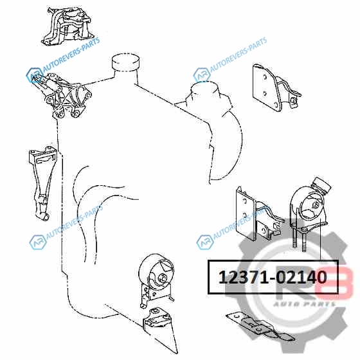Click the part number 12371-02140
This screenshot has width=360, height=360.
(273, 277)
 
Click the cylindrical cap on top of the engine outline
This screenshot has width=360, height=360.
(126, 62)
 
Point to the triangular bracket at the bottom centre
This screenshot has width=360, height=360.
(161, 328)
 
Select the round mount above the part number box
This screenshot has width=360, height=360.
(309, 206)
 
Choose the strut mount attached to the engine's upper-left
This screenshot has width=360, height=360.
(62, 95)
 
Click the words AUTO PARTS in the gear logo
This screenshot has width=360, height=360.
(304, 304)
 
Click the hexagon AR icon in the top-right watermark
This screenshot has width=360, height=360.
(202, 75)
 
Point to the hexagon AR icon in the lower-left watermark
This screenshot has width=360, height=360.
(38, 242)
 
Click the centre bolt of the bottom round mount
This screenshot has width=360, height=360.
(163, 278)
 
